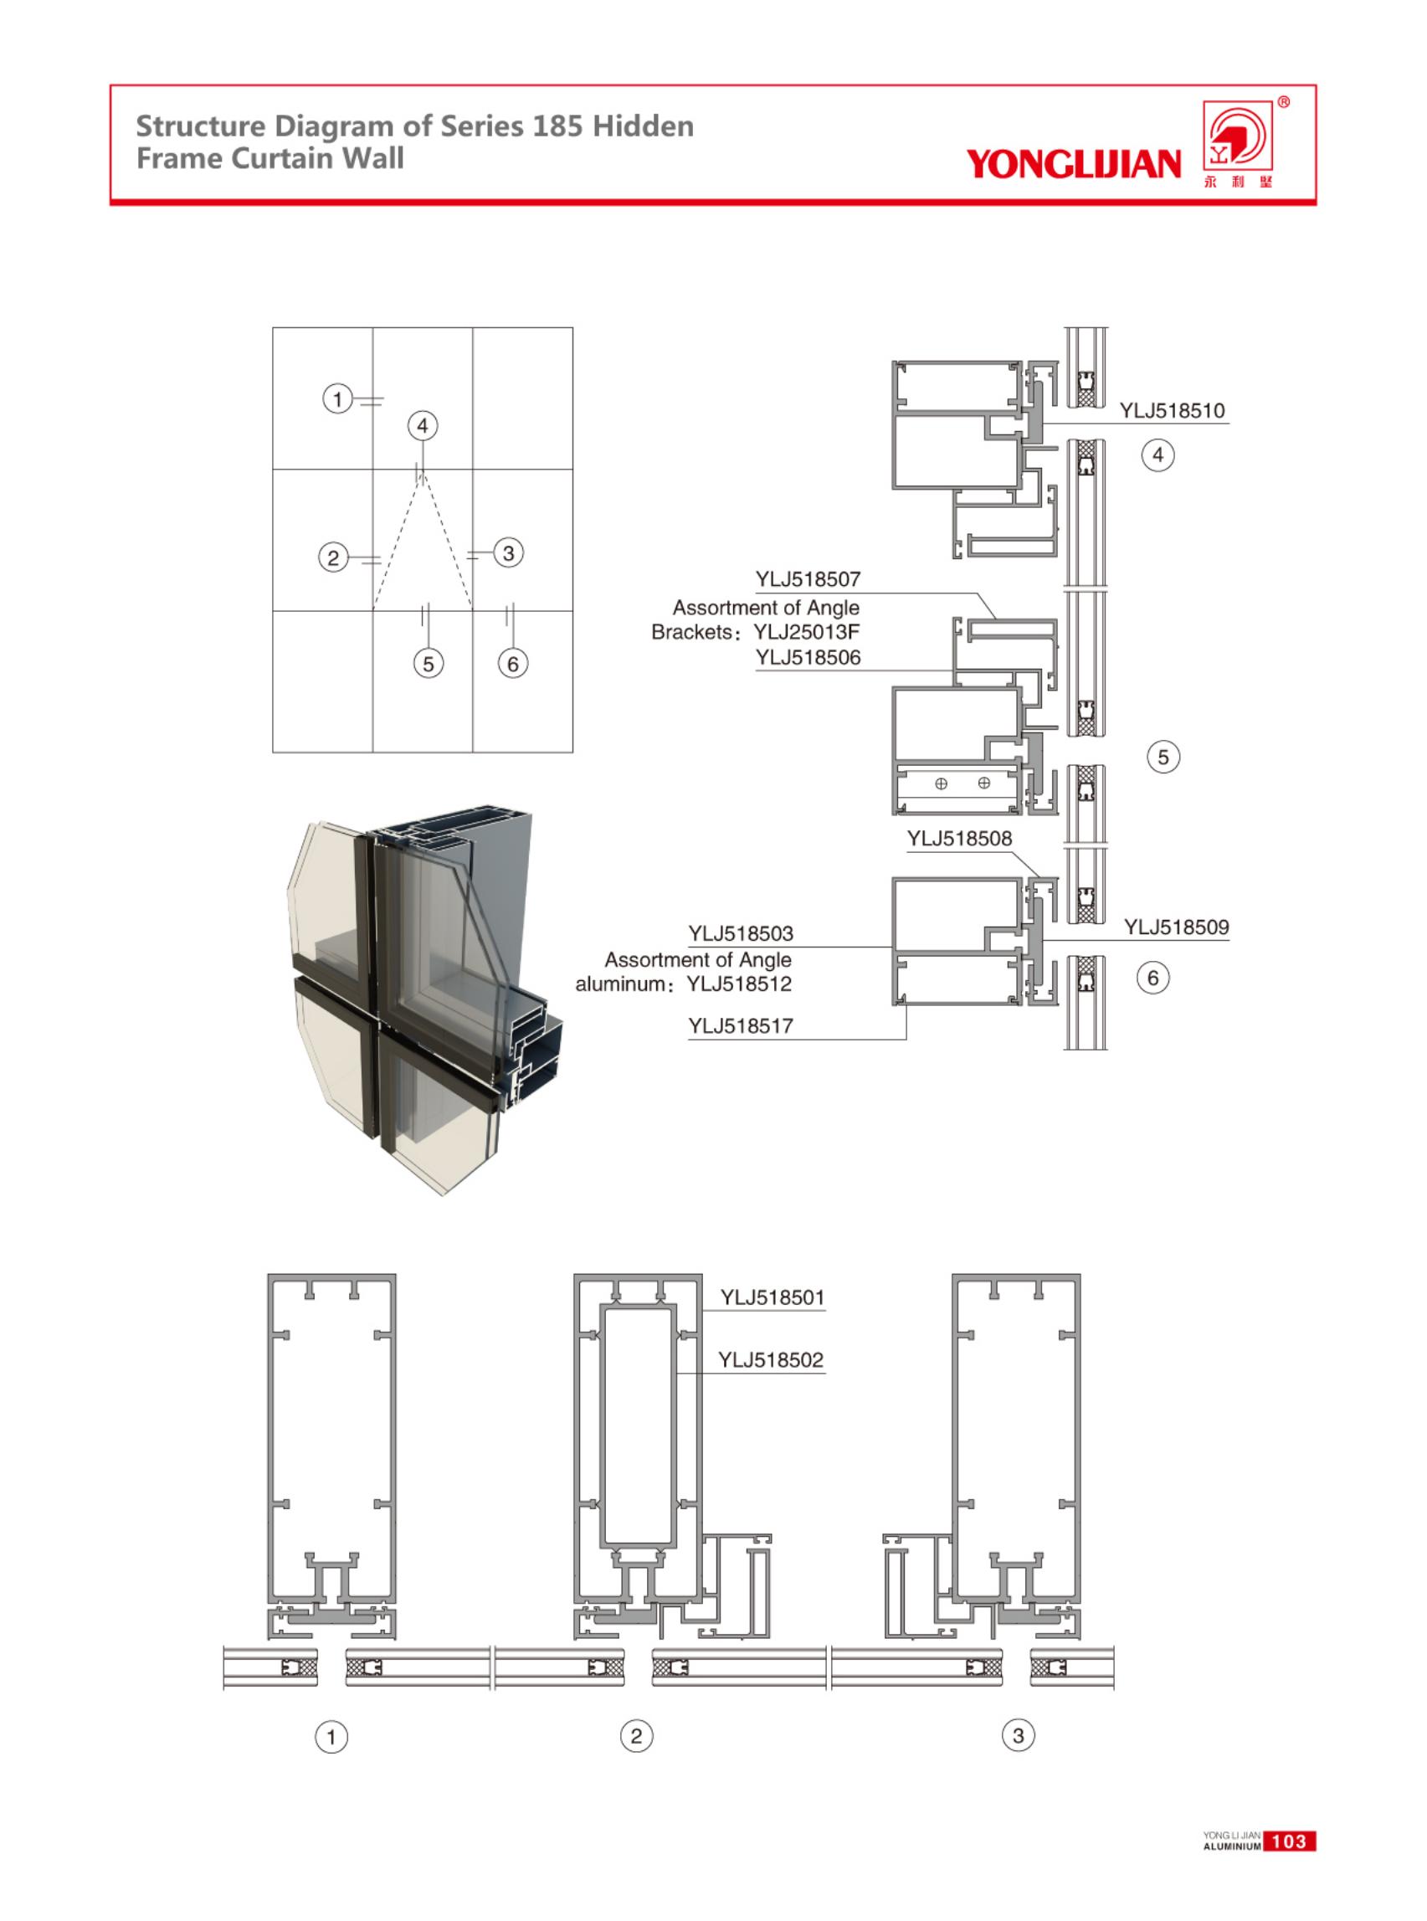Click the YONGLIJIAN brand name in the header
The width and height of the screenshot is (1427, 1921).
click(x=1072, y=163)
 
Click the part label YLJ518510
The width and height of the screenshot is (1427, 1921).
click(x=1173, y=411)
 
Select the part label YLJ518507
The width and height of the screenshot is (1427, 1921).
click(x=808, y=578)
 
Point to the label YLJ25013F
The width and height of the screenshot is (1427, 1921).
click(x=806, y=632)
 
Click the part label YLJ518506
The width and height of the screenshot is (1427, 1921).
click(x=808, y=657)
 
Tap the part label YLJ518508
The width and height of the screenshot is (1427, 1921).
click(x=959, y=839)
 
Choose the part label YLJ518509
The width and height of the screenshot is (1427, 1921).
click(x=1176, y=927)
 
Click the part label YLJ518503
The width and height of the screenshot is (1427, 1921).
click(x=740, y=934)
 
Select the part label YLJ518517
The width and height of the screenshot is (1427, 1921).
click(x=740, y=1026)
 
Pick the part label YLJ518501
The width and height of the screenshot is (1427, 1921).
click(x=773, y=1297)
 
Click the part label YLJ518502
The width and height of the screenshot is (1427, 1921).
click(x=771, y=1360)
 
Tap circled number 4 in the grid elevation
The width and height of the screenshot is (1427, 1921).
click(x=423, y=426)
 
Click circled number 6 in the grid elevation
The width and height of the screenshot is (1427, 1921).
click(x=513, y=664)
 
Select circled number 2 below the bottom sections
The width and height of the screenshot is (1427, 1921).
click(x=637, y=1735)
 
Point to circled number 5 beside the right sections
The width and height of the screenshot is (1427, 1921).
click(x=1163, y=758)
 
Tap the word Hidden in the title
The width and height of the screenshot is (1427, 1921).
click(x=643, y=126)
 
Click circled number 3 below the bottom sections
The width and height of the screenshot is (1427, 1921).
click(x=1018, y=1735)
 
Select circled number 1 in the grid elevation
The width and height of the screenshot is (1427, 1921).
click(x=338, y=399)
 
